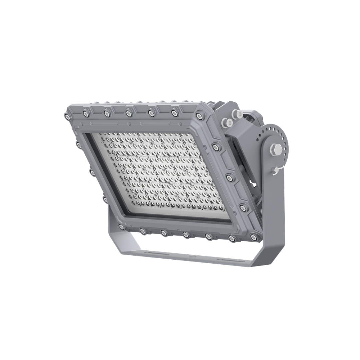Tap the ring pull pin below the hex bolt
coord(275,170)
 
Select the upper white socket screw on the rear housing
coord(239,114)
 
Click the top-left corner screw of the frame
coord(67,116)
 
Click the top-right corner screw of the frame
coord(199,116)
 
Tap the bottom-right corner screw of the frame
coord(253,237)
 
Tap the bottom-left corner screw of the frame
coord(121,227)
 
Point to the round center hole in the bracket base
coord(191,257)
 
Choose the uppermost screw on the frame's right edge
coord(216,147)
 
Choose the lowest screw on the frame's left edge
coord(106,199)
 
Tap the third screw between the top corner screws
coord(129,114)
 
